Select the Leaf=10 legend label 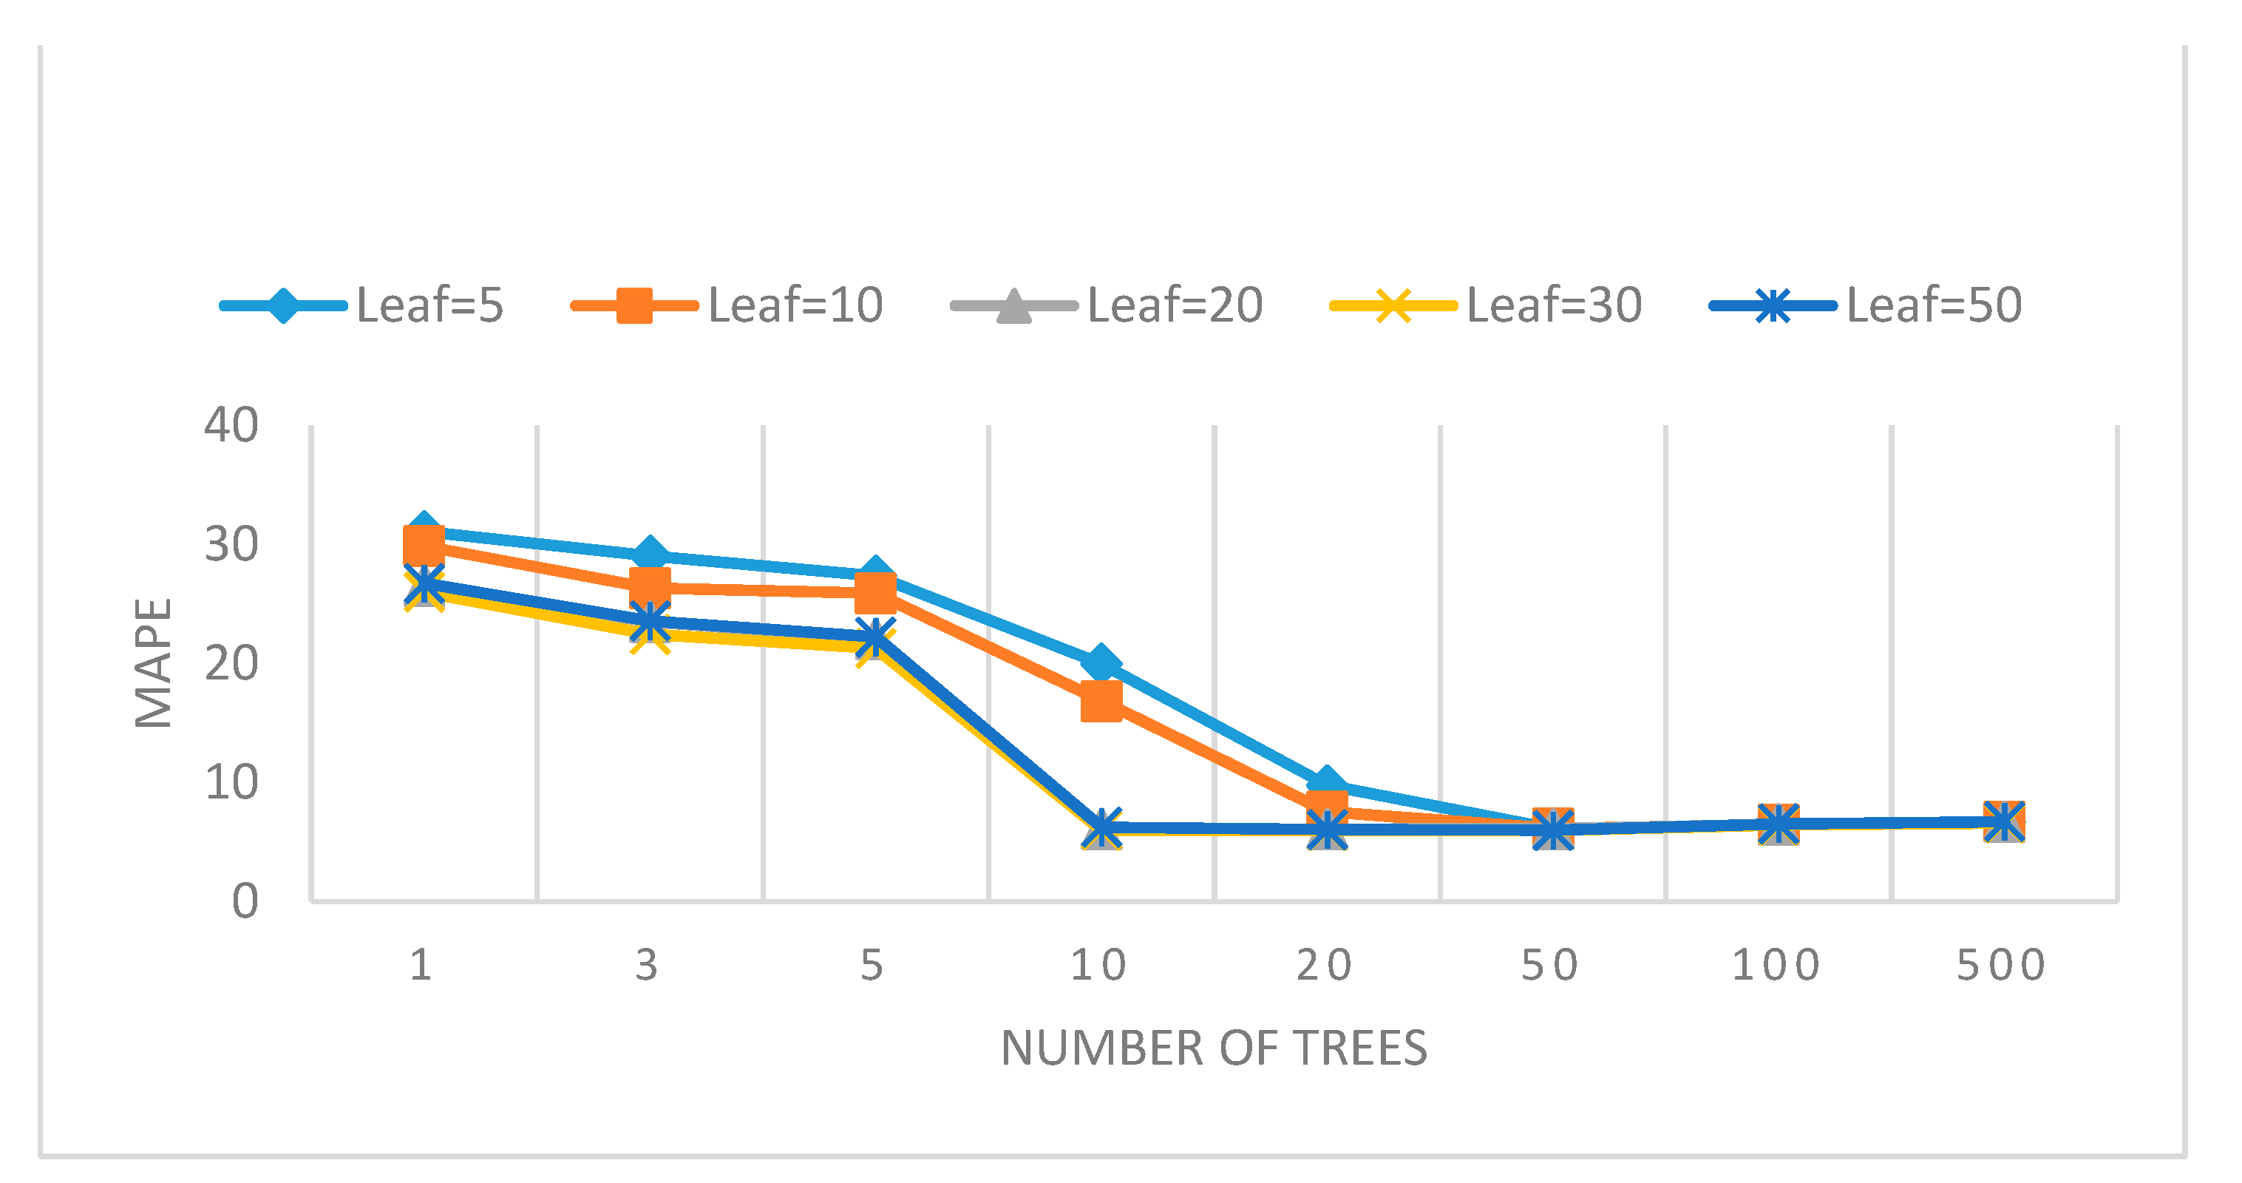[795, 305]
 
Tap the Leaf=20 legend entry [1174, 305]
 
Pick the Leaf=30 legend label [1554, 305]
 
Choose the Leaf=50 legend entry [1933, 305]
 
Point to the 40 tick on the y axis [231, 427]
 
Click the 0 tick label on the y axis [245, 902]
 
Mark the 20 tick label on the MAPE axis [231, 664]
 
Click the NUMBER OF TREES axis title [1213, 1048]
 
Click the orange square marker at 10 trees [1101, 702]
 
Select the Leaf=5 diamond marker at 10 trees [1101, 663]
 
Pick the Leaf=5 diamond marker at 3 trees [649, 554]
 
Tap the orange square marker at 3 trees [649, 586]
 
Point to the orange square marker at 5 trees [874, 594]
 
